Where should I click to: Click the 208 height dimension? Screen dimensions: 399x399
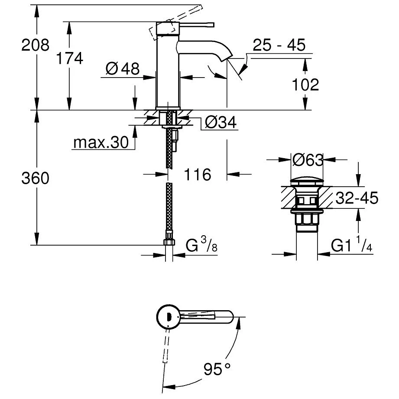(x=36, y=45)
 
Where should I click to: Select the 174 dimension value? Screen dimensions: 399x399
(x=69, y=58)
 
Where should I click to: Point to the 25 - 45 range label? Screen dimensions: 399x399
(x=279, y=45)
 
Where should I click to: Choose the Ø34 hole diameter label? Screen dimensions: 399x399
(x=221, y=123)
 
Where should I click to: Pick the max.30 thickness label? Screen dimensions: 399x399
(x=101, y=143)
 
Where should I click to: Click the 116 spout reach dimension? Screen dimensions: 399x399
(x=198, y=175)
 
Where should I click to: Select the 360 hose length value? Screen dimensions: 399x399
(x=36, y=178)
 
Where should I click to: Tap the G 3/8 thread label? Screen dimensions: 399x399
(x=201, y=246)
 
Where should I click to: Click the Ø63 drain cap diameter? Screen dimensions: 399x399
(x=307, y=160)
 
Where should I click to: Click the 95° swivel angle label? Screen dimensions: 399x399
(x=217, y=369)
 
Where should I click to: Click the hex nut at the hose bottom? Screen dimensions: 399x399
(x=169, y=241)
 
